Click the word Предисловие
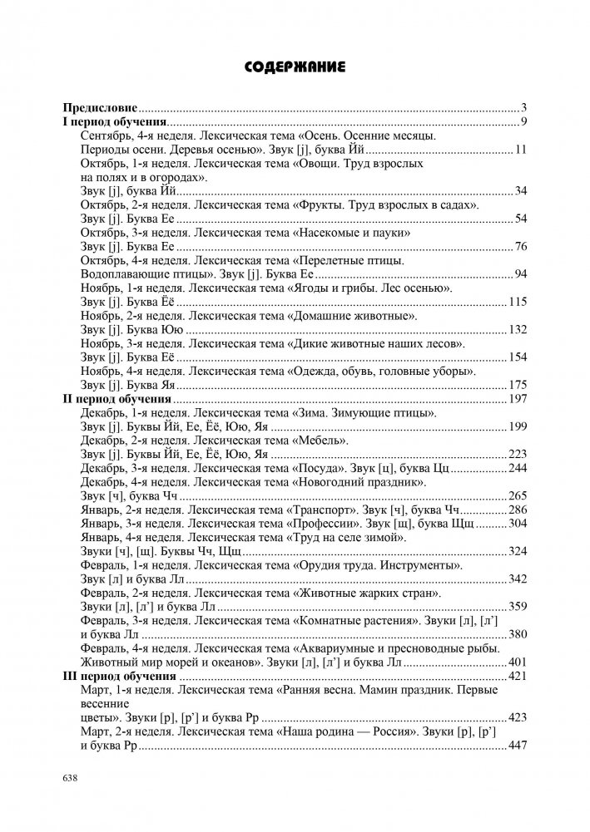coord(101,109)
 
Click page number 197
coord(518,400)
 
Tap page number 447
coord(518,746)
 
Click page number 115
coord(518,303)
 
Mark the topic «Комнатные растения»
coord(356,621)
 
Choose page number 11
coord(521,150)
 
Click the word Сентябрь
coord(107,136)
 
